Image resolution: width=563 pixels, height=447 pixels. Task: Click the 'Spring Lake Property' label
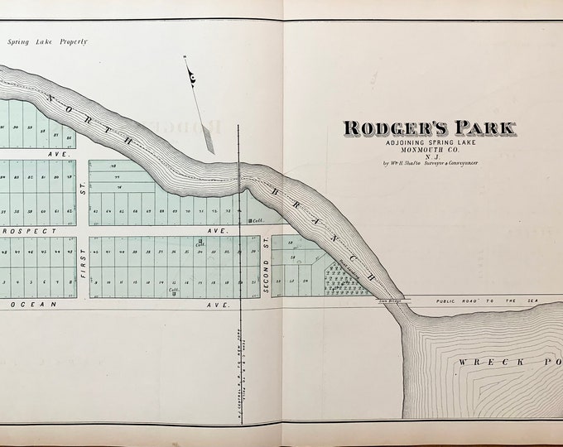click(47, 41)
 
